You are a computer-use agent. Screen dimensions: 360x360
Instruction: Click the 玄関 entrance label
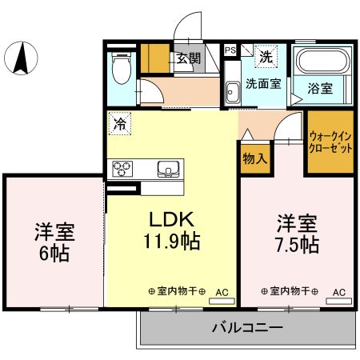tap(189, 58)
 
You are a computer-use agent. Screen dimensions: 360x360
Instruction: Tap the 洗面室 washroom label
tap(263, 83)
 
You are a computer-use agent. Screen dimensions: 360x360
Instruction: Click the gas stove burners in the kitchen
tap(123, 169)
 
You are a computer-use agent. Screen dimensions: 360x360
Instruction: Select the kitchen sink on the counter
tap(169, 169)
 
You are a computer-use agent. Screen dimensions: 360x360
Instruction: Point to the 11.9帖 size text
tap(170, 240)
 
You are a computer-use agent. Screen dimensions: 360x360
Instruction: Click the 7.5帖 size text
tap(298, 244)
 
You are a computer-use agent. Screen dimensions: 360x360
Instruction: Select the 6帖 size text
tap(54, 254)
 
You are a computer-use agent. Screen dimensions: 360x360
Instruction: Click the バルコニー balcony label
tap(247, 328)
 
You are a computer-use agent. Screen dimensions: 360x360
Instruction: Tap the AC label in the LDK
tap(222, 291)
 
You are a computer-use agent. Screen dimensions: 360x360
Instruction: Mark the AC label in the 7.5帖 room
tap(338, 291)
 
